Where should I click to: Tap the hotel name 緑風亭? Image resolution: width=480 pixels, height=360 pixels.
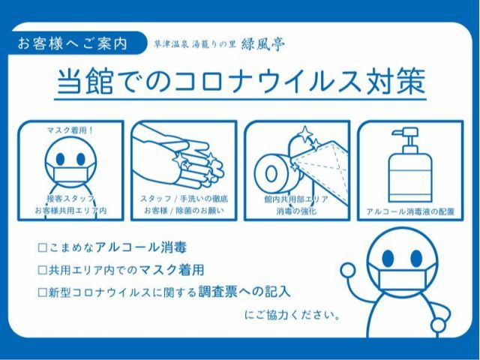pos(263,43)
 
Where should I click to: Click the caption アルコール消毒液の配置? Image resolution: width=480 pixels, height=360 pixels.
pos(409,212)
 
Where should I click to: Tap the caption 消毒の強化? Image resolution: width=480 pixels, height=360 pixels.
pos(294,212)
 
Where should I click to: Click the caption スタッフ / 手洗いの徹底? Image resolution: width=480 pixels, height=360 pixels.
pos(184,199)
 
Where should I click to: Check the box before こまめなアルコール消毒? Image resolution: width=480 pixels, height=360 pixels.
pos(43,247)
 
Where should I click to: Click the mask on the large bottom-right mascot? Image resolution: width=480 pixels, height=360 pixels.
pos(401,280)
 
